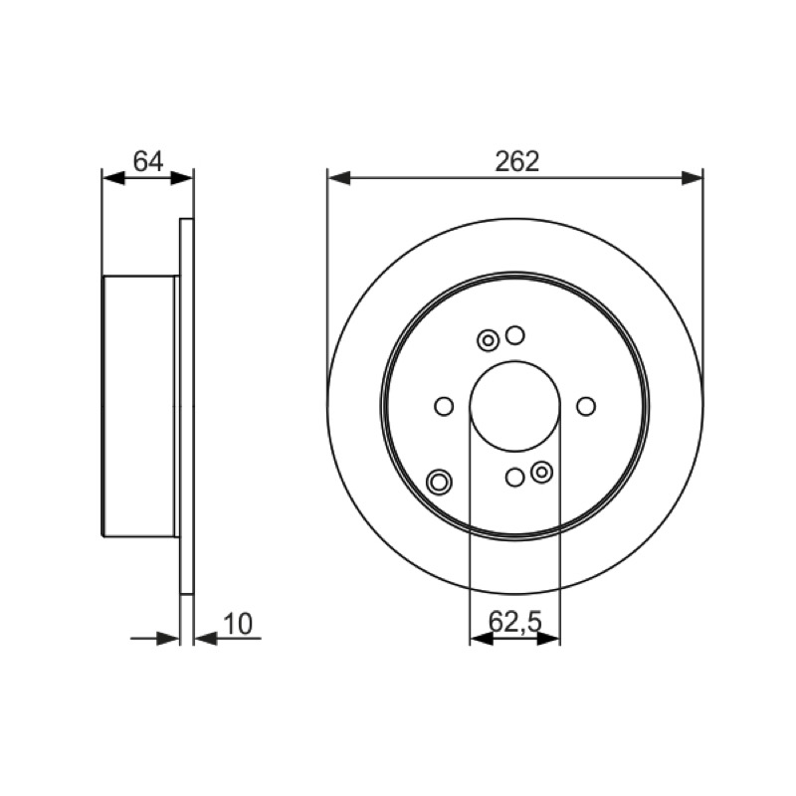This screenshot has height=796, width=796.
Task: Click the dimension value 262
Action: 516,162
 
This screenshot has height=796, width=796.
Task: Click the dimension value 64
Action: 148,161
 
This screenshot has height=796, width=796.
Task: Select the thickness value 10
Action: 238,624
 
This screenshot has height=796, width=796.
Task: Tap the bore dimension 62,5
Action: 515,621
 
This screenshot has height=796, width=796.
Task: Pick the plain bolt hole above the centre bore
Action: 515,335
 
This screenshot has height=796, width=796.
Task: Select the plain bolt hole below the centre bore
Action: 515,478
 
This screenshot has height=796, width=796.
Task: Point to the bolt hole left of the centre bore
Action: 444,406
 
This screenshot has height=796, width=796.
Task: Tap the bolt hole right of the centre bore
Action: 586,406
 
